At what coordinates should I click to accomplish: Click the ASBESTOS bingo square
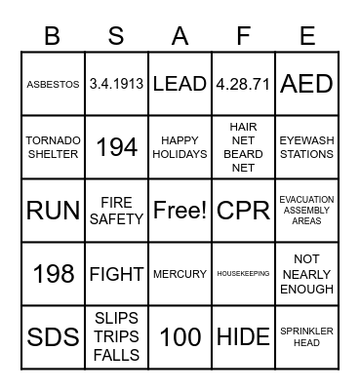point(54,85)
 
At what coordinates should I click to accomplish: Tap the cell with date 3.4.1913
point(116,85)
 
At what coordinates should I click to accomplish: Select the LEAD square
point(180,85)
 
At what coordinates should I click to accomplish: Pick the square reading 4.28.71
point(243,85)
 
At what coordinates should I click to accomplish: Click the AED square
point(306,85)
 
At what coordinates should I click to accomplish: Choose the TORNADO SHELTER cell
point(54,147)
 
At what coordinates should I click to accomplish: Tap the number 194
point(116,147)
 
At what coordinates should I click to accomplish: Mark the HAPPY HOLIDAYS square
point(180,147)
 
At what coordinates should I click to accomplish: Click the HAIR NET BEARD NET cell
point(243,147)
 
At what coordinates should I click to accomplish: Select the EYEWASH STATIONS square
point(306,147)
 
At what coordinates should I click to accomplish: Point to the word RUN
point(54,211)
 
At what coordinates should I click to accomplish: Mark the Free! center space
point(180,211)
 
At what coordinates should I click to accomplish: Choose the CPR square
point(243,211)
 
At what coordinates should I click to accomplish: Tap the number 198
point(54,274)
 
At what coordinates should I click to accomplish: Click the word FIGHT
point(116,274)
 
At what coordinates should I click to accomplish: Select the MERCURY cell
point(180,274)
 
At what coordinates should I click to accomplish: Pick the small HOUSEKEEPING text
point(243,274)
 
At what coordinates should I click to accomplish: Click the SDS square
point(54,337)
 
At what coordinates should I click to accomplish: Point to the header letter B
point(54,36)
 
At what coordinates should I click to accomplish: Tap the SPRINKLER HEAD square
point(306,337)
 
